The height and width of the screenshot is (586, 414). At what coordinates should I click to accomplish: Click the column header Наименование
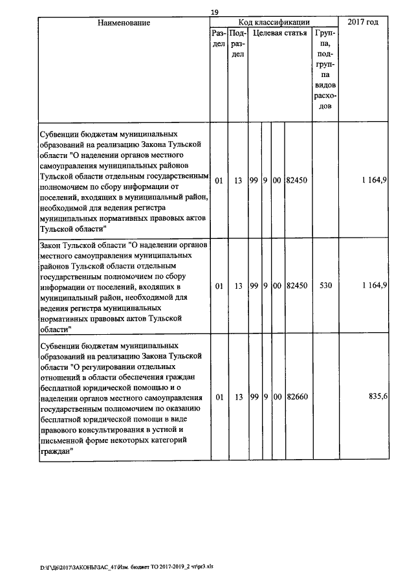click(124, 23)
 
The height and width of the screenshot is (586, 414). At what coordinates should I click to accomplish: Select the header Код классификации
click(274, 23)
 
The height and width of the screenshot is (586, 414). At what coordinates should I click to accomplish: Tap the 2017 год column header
click(363, 23)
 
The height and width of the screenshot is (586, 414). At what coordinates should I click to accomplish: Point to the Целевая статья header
click(279, 32)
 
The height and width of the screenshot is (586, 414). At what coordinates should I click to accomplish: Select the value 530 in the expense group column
click(326, 285)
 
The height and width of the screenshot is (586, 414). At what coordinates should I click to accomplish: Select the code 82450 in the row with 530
click(298, 285)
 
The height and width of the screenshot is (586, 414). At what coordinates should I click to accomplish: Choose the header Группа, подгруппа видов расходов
click(326, 69)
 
